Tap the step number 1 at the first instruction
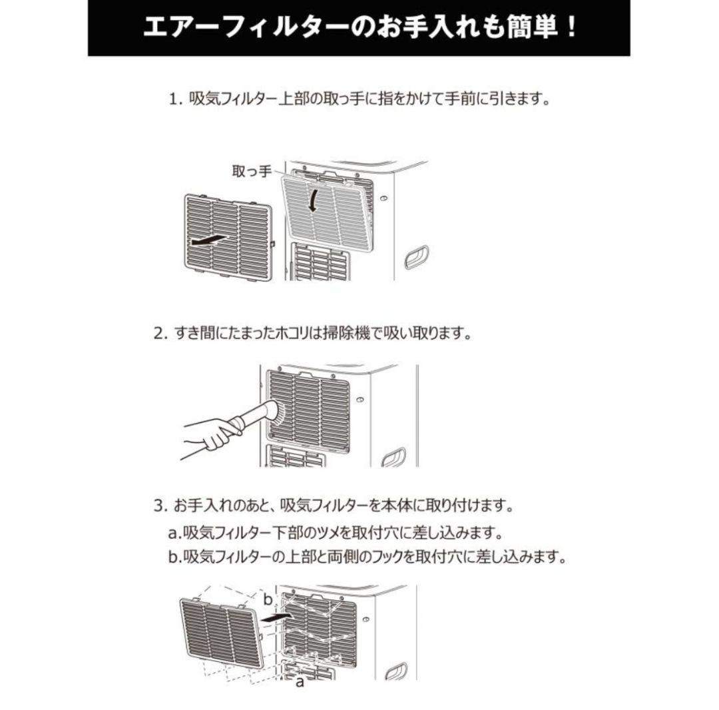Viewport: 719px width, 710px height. pos(174,101)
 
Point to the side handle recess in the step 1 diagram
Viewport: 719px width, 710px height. pos(417,257)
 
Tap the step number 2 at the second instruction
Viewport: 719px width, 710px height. pos(159,334)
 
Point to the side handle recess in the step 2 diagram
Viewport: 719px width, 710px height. pos(394,458)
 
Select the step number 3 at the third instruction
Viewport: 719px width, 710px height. pos(159,507)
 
